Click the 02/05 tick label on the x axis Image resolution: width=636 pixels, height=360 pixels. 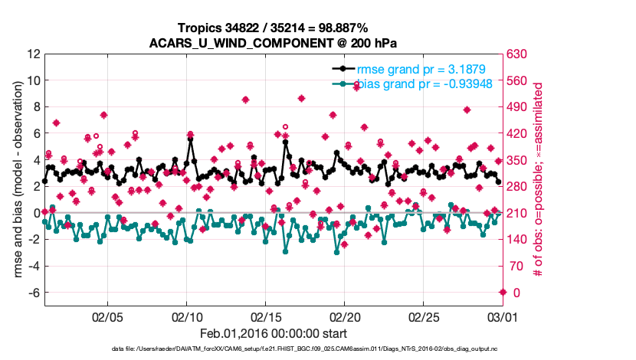point(107,316)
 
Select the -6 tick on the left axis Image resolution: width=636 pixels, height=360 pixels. point(33,293)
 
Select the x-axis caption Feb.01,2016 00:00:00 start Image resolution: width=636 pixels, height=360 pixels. point(273,333)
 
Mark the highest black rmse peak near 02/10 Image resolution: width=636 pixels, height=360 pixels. point(190,140)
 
